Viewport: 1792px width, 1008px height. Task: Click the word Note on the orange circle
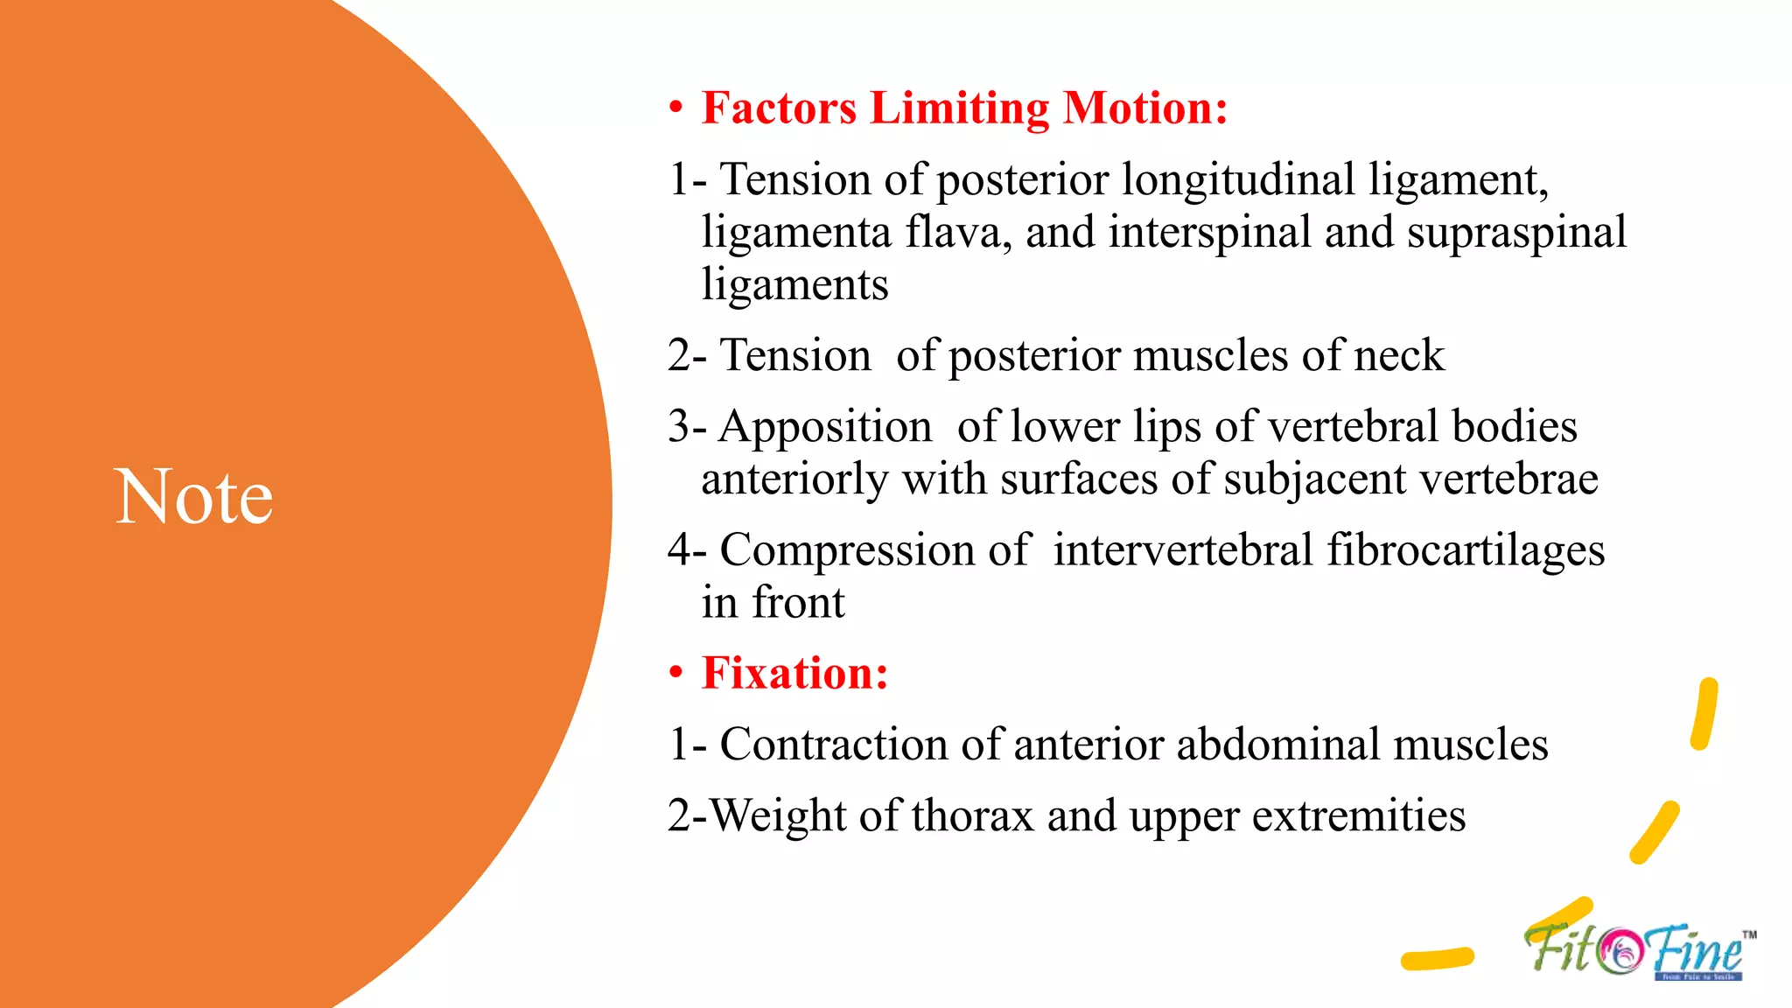(193, 497)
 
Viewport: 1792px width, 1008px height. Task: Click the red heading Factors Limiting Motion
(964, 108)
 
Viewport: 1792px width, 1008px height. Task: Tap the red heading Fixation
(794, 674)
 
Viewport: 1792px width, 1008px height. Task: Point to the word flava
(958, 233)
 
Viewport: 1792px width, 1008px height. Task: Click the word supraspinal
(1516, 233)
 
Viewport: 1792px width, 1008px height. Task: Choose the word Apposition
(825, 427)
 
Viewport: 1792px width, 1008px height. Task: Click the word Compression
(847, 550)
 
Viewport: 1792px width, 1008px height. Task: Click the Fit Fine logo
(1636, 951)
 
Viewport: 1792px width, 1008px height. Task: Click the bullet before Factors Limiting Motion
(675, 108)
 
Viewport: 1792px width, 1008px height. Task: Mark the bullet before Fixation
(675, 674)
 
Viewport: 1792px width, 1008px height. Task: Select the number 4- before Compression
(687, 550)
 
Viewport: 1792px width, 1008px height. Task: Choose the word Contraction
(834, 745)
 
